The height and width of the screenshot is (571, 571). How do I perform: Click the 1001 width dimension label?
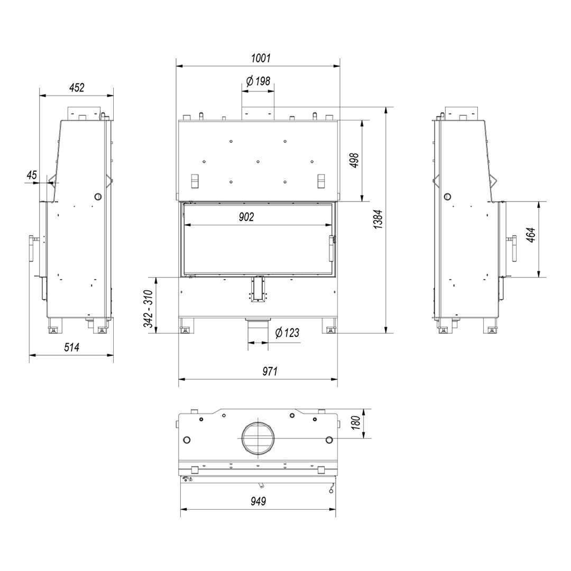[261, 58]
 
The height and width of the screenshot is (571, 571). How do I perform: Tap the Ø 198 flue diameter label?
[258, 81]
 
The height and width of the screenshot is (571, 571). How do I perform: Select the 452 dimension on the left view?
[77, 87]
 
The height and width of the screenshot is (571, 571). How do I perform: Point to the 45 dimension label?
[32, 175]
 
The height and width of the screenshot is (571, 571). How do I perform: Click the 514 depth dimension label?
[72, 347]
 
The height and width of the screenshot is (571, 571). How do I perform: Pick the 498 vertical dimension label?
[354, 161]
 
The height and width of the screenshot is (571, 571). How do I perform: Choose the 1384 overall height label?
[379, 219]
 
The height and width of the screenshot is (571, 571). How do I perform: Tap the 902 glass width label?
[246, 217]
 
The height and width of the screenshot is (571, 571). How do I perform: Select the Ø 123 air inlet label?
[287, 333]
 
